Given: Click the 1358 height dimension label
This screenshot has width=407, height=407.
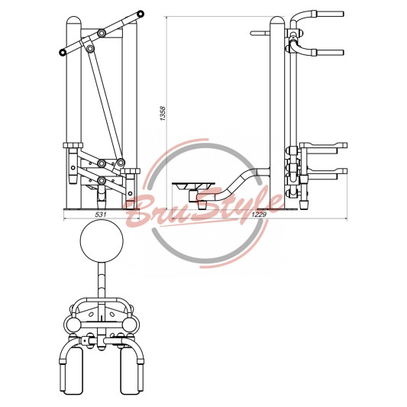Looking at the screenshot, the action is (163, 113).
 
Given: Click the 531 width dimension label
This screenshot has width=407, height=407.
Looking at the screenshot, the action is (101, 215).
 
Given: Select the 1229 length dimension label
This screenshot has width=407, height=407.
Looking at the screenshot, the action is (259, 215).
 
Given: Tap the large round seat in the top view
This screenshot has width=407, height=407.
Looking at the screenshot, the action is (102, 241).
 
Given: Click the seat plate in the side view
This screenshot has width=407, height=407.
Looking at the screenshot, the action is (193, 186).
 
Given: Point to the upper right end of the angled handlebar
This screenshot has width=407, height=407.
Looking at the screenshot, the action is (141, 14).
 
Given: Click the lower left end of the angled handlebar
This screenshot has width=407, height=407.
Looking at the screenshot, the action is (63, 52).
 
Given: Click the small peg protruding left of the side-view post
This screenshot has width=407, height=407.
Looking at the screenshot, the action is (260, 34).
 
